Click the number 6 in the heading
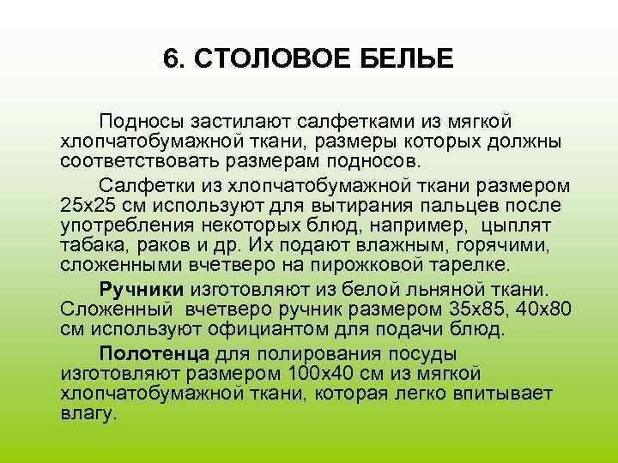pyautogui.click(x=169, y=59)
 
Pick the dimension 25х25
pyautogui.click(x=89, y=205)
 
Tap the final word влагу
pyautogui.click(x=88, y=412)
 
